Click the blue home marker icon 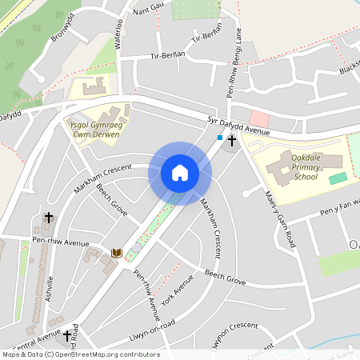coord(180,172)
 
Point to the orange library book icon coord(116,253)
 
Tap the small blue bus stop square coord(220,138)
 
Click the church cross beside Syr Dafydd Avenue coord(232,140)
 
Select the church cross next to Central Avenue coord(67,336)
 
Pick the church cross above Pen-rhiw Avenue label coord(49,218)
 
